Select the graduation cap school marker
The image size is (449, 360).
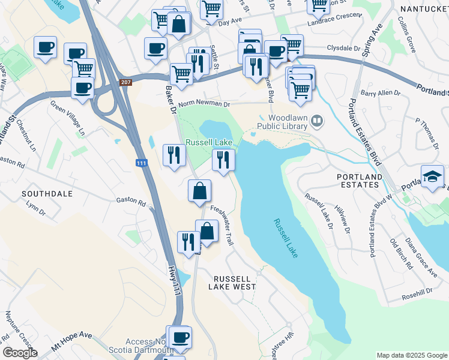433,176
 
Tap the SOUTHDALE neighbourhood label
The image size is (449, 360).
47,194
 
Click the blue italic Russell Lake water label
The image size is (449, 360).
285,238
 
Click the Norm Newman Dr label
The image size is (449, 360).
204,103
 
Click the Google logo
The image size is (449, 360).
20,353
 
